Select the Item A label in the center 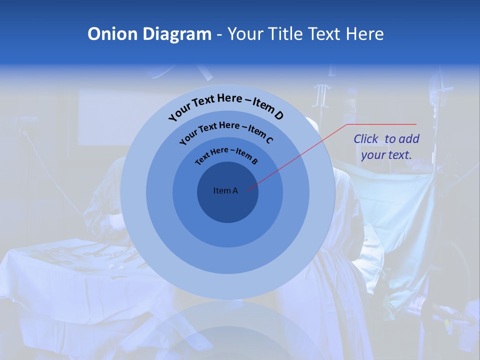point(225,190)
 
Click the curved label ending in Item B point(226,155)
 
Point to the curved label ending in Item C point(226,131)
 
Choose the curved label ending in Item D point(226,105)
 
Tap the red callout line point(300,155)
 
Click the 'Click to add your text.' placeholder point(386,147)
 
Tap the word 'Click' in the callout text point(366,139)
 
